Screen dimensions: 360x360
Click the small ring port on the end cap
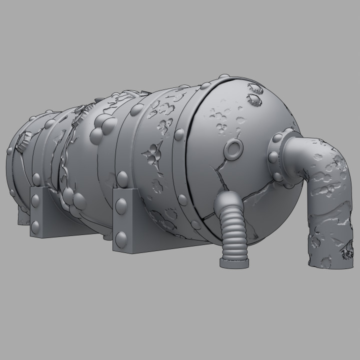tap(233, 148)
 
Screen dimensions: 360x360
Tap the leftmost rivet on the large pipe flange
tap(272, 157)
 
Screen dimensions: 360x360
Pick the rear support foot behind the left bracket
tap(22, 215)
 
